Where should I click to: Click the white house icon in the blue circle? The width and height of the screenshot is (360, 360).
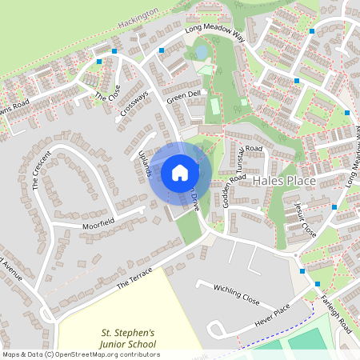coord(180,172)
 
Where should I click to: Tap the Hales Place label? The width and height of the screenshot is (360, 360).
coord(285,182)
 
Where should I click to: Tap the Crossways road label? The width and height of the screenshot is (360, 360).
coord(134,102)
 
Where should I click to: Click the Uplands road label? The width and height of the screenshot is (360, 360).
coord(144,161)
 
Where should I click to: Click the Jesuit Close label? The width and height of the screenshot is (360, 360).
coord(303,218)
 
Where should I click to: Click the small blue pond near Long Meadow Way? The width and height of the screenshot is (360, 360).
coord(201,52)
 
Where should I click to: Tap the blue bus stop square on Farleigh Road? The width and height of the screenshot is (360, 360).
coord(318,284)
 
